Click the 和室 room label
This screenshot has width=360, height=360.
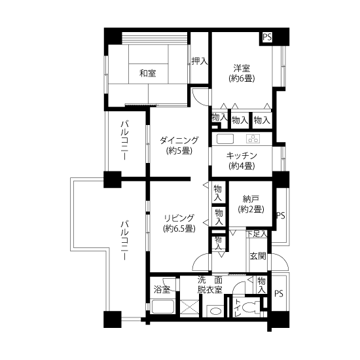tap(148, 73)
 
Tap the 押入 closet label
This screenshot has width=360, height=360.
tap(200, 61)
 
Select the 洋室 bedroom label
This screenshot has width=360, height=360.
tap(242, 68)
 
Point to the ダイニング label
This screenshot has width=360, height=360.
tap(179, 140)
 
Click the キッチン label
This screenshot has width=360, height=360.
tap(242, 156)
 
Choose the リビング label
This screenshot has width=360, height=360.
tap(179, 218)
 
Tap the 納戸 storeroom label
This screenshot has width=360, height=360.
tap(251, 199)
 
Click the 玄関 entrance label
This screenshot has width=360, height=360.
tap(258, 256)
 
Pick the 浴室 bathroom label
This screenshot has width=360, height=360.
tap(162, 289)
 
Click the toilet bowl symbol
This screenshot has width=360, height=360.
tap(251, 307)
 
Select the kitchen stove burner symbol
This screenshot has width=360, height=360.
tap(253, 139)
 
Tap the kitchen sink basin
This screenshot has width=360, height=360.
tap(225, 139)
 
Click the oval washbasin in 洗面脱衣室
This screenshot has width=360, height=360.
tap(215, 312)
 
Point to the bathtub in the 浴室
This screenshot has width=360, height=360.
tap(162, 306)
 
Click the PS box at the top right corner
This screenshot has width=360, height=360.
tap(267, 37)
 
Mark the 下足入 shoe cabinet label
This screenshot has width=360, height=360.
tap(257, 234)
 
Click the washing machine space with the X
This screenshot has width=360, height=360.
tap(190, 308)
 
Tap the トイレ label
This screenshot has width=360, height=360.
tap(238, 308)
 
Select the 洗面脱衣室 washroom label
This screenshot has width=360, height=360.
tap(210, 285)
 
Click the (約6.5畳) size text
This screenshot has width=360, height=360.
tap(179, 228)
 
